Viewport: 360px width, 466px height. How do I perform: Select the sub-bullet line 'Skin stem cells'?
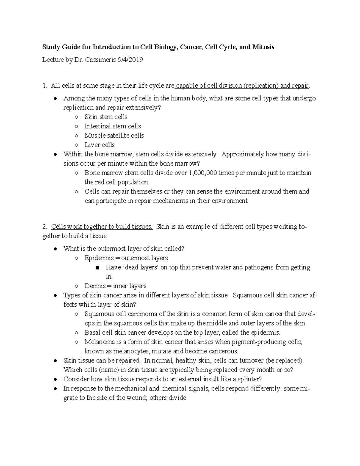(106, 117)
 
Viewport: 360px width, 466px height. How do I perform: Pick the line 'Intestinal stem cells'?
(112, 126)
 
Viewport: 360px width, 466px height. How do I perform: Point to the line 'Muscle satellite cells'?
(114, 135)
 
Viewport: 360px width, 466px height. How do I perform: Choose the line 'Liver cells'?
(100, 145)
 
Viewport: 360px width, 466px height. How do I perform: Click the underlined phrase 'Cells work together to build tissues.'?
(102, 227)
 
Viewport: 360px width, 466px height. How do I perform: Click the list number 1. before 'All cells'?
(45, 86)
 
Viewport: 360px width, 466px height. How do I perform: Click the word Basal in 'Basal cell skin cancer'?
(92, 332)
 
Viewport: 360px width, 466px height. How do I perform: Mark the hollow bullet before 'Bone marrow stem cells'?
(77, 173)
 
